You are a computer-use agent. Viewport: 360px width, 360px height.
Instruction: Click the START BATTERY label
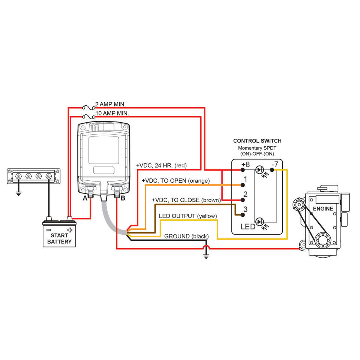pyautogui.click(x=59, y=238)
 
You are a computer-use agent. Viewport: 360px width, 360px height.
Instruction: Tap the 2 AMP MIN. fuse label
pyautogui.click(x=110, y=104)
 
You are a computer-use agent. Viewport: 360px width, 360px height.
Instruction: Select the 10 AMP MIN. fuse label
pyautogui.click(x=112, y=113)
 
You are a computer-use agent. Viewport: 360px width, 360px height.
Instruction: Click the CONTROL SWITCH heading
pyautogui.click(x=257, y=141)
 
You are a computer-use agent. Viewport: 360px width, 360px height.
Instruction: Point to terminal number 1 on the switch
pyautogui.click(x=245, y=180)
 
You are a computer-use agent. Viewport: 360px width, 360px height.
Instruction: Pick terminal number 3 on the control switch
pyautogui.click(x=245, y=209)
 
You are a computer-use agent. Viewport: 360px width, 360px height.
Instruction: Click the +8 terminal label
pyautogui.click(x=245, y=165)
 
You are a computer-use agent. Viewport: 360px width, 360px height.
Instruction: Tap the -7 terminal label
pyautogui.click(x=274, y=164)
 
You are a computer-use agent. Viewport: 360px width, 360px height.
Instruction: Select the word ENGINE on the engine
pyautogui.click(x=323, y=208)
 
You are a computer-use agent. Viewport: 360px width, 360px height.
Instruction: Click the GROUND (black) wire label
pyautogui.click(x=186, y=236)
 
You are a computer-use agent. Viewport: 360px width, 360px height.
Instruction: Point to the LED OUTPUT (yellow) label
pyautogui.click(x=188, y=216)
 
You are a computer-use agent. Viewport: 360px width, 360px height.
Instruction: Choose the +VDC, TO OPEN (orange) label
pyautogui.click(x=175, y=181)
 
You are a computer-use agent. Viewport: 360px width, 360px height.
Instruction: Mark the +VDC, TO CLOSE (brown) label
pyautogui.click(x=186, y=200)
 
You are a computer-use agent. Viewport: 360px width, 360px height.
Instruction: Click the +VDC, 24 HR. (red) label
pyautogui.click(x=161, y=165)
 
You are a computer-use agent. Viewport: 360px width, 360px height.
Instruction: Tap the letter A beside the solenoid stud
pyautogui.click(x=85, y=198)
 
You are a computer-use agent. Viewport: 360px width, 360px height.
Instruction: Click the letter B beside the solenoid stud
pyautogui.click(x=123, y=198)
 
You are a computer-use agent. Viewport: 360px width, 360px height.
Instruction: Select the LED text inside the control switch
pyautogui.click(x=247, y=226)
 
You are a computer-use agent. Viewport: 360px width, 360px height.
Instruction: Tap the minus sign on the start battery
pyautogui.click(x=49, y=229)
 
